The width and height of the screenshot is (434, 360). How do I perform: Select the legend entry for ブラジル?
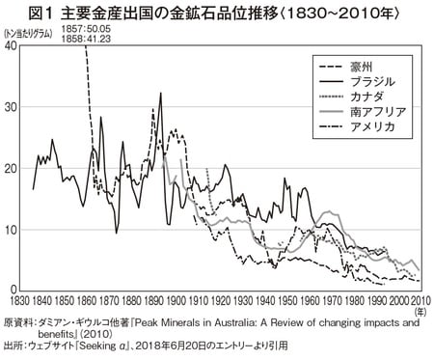pyautogui.click(x=383, y=84)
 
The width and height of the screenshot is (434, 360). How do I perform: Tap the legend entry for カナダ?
pyautogui.click(x=379, y=98)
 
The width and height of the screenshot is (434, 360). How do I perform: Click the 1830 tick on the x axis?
pyautogui.click(x=17, y=299)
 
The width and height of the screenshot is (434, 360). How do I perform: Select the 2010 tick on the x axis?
pyautogui.click(x=420, y=299)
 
